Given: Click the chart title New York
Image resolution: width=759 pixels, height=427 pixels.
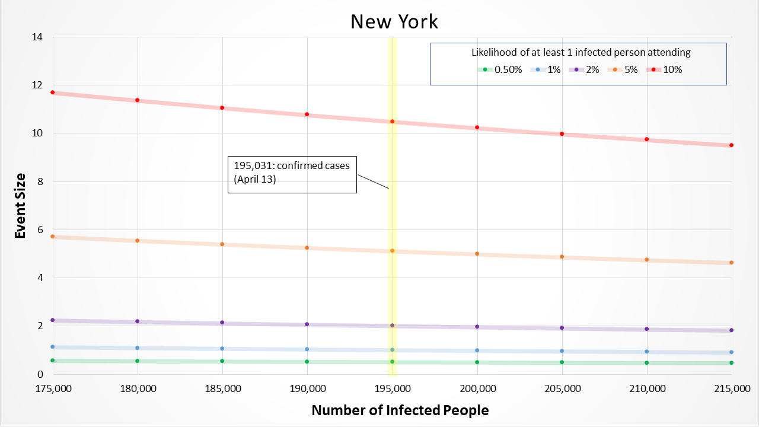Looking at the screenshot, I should pos(394,21).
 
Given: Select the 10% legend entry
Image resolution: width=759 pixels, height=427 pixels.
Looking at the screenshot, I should pos(667,69).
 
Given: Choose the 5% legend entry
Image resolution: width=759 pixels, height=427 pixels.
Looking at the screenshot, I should pos(626,69).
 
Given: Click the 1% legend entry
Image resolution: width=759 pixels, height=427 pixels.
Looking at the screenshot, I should pos(548,69).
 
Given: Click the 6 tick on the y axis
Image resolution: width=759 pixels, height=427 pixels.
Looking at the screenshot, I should pos(40,230).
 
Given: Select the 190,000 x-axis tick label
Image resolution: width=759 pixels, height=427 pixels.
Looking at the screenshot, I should pos(307,389).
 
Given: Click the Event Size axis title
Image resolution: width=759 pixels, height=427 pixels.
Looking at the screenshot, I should pos(20,205).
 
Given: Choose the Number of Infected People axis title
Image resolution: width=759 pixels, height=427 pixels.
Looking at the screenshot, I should pos(400,410).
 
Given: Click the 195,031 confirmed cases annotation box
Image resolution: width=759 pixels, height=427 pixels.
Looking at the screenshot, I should pos(292,174).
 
